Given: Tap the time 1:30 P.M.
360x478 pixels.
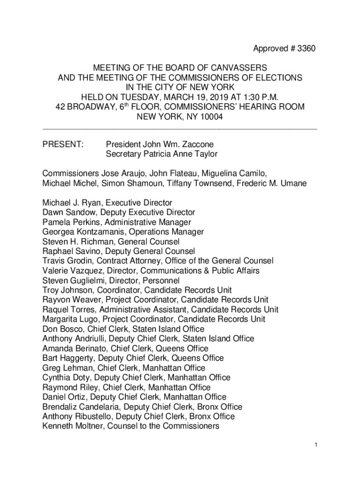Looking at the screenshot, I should [x=254, y=97].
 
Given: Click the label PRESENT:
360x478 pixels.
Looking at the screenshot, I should [x=63, y=145].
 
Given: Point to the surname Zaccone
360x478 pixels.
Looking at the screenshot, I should [x=198, y=145].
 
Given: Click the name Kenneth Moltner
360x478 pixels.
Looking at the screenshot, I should [x=70, y=426].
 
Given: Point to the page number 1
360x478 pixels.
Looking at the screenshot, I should [x=316, y=445].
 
